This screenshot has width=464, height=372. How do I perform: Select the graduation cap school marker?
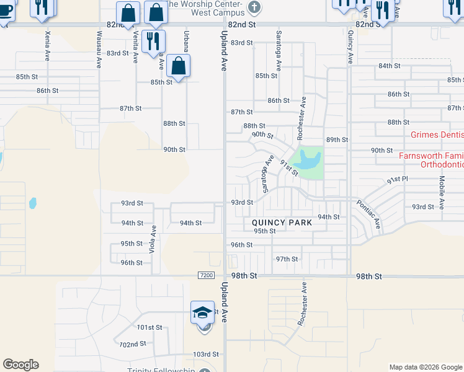[202, 313]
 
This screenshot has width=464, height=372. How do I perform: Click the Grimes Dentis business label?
[437, 135]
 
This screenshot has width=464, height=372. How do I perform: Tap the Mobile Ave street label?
[442, 192]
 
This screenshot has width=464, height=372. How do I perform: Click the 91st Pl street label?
[397, 180]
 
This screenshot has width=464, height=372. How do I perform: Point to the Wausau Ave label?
[99, 49]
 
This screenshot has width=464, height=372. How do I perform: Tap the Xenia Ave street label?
[47, 48]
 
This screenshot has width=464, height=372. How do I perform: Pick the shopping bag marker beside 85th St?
[178, 66]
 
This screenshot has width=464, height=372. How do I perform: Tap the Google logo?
[20, 365]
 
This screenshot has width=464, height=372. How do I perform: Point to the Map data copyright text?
[425, 367]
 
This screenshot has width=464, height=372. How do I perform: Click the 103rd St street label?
[206, 355]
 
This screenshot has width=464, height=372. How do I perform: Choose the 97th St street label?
[287, 259]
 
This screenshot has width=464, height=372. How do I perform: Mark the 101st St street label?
[149, 327]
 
